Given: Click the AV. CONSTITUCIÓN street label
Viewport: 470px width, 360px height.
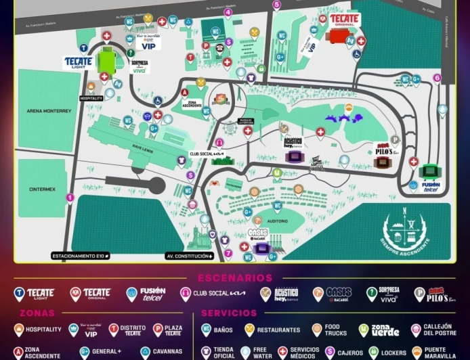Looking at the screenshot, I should (x=190, y=256).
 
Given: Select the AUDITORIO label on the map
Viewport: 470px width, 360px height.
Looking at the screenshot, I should (x=278, y=221).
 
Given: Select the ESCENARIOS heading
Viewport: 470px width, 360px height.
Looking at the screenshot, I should (x=235, y=278).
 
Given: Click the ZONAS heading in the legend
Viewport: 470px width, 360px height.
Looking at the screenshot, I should (x=38, y=313).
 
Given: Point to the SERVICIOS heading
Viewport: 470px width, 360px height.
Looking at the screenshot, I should (x=229, y=313).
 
